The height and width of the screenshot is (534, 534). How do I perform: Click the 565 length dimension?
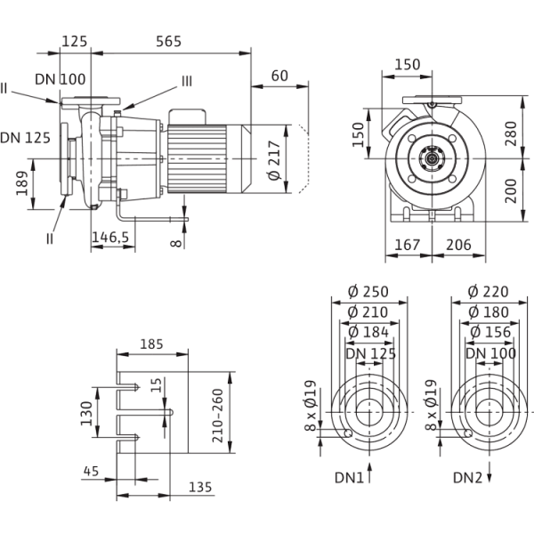pos(169,41)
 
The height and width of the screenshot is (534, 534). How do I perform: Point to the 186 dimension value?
pos(22,185)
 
